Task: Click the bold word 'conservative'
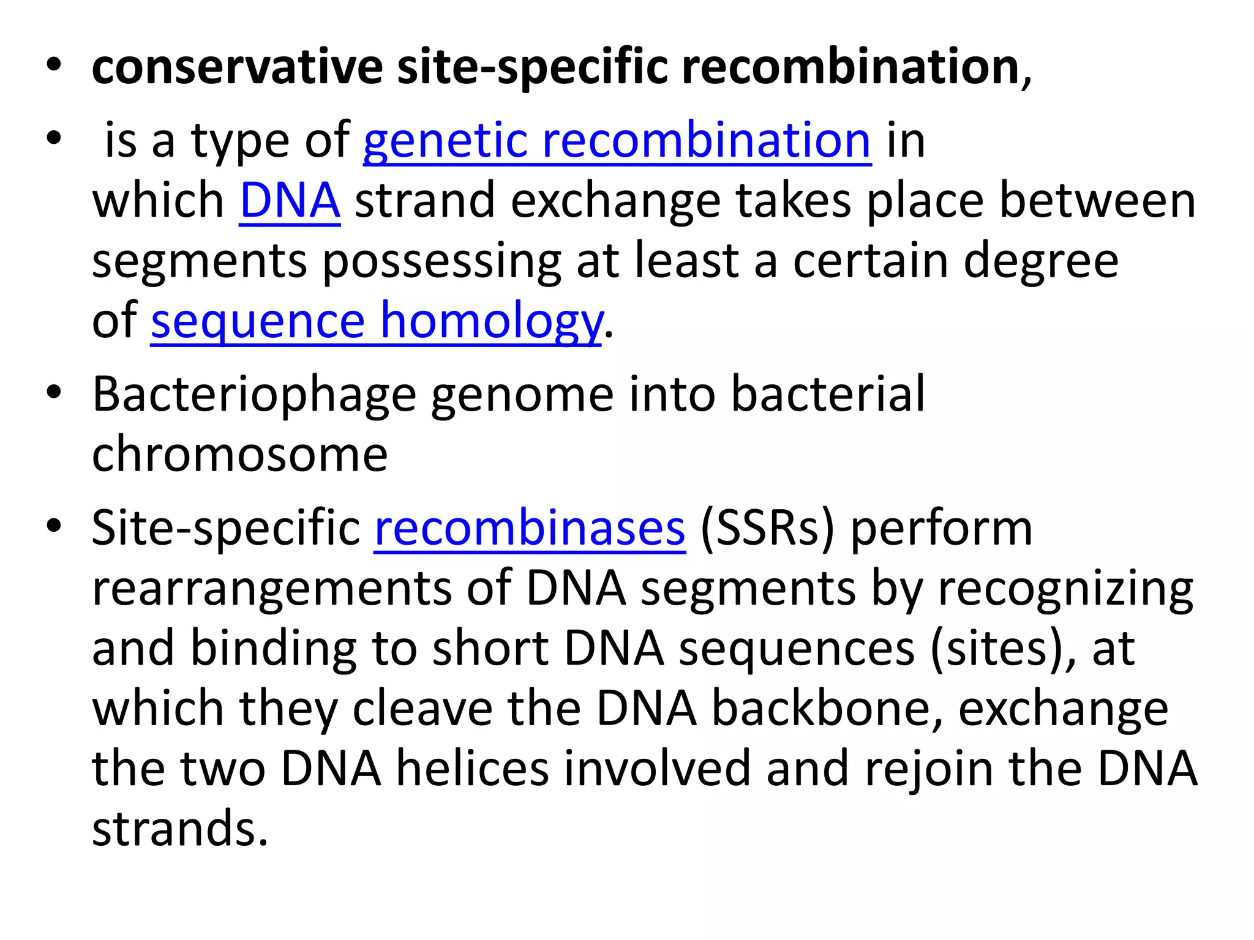pyautogui.click(x=237, y=67)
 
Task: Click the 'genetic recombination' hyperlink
pyautogui.click(x=617, y=141)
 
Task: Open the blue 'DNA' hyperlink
pyautogui.click(x=290, y=201)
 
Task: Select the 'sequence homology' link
pyautogui.click(x=376, y=321)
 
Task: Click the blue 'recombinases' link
pyautogui.click(x=530, y=528)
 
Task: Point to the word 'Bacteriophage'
pyautogui.click(x=254, y=395)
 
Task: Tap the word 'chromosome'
pyautogui.click(x=240, y=454)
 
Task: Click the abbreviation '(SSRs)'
pyautogui.click(x=767, y=528)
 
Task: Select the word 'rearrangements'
pyautogui.click(x=272, y=588)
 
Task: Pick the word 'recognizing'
pyautogui.click(x=1065, y=588)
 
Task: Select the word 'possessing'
pyautogui.click(x=441, y=261)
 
